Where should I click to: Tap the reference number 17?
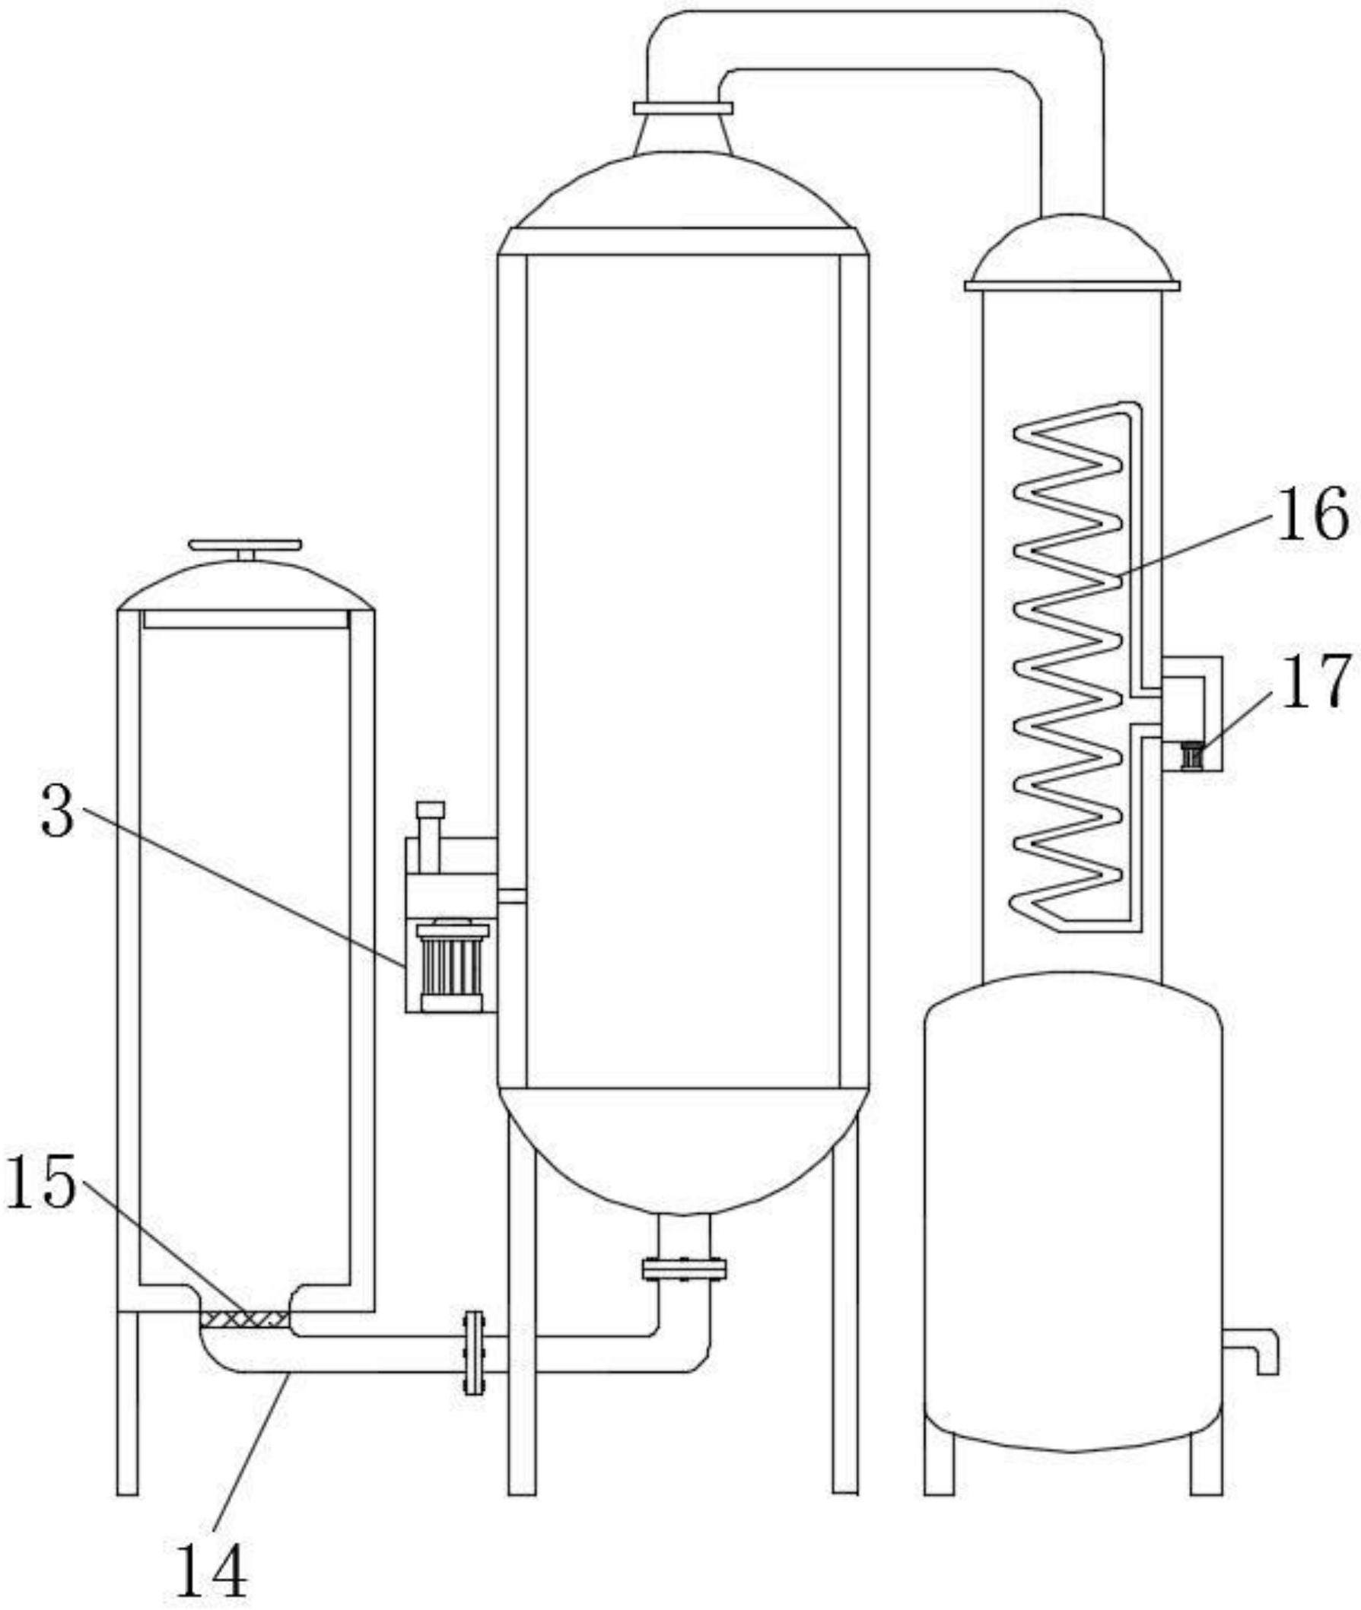[x=1316, y=681]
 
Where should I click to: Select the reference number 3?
[x=58, y=815]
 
